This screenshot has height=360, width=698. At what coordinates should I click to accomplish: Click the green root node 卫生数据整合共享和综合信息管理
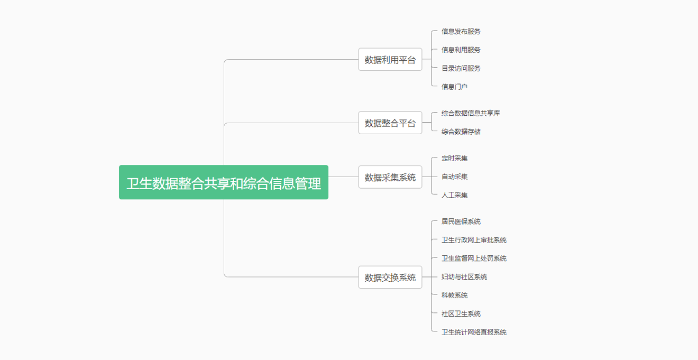coord(224,182)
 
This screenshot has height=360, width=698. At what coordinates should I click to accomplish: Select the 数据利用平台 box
coord(390,59)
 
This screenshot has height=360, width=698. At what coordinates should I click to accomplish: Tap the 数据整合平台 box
coord(390,123)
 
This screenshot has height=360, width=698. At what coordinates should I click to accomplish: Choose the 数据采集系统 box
coord(390,177)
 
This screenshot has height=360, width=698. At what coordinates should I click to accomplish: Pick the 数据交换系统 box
coord(390,277)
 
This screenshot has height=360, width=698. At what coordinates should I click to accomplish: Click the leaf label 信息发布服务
coord(461,31)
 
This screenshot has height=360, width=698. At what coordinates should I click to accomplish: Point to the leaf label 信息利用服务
coord(461,50)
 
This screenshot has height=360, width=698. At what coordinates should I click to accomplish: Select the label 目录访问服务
coord(461,68)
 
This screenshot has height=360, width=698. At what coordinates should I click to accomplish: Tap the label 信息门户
coord(454,87)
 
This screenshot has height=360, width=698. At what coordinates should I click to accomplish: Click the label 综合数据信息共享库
coord(471,113)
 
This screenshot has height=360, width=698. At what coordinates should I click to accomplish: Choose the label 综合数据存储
coord(461,132)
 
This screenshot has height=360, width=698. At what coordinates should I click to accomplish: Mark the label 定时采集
coord(454,158)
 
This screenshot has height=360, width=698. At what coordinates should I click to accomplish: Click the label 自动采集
coord(454,177)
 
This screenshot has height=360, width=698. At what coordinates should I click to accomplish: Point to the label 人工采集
coord(454,195)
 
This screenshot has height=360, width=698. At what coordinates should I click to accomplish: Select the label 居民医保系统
coord(461,221)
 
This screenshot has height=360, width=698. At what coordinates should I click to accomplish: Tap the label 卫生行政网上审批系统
coord(474,240)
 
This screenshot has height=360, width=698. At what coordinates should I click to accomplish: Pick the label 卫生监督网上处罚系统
coord(474,259)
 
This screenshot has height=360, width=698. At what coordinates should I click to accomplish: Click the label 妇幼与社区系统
coord(464,277)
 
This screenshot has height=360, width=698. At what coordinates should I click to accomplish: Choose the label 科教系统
coord(454,295)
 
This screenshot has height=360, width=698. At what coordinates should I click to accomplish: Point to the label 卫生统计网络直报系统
coord(474,333)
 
